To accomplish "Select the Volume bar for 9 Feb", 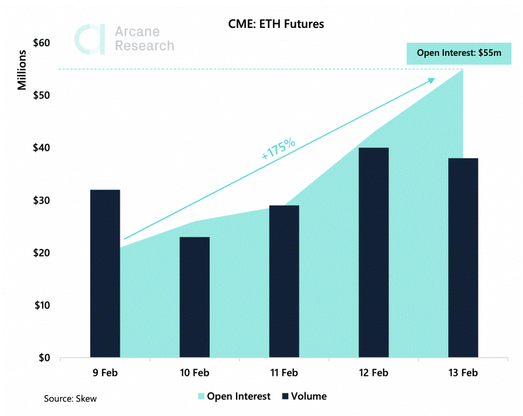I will (x=105, y=273).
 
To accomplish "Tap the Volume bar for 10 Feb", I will (x=195, y=297).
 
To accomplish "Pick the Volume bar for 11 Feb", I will (x=284, y=281).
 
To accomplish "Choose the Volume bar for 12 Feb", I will (x=373, y=253).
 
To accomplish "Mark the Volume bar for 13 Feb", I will (x=463, y=257).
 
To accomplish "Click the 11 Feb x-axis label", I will (x=284, y=373).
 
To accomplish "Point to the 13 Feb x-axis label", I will (x=463, y=373).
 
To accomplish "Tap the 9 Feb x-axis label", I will (x=105, y=373).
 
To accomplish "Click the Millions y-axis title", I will (x=22, y=70).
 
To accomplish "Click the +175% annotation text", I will (x=278, y=149).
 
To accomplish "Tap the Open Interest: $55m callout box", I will (x=459, y=53).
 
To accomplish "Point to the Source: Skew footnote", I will (x=70, y=399).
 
